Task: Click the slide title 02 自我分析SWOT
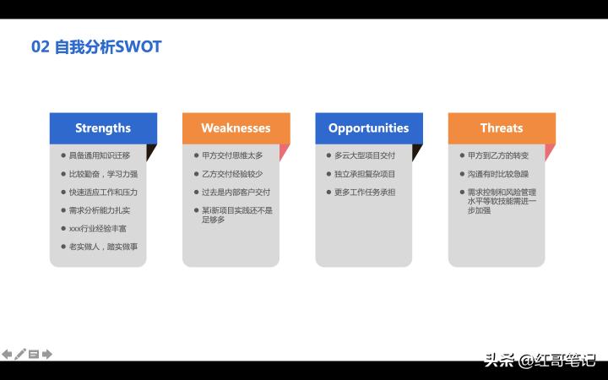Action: (96, 47)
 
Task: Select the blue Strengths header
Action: (103, 128)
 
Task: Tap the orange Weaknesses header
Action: (236, 128)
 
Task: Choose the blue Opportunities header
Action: (368, 128)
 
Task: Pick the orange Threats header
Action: (502, 128)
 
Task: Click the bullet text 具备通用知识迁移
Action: (100, 155)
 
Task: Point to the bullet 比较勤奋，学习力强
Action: (103, 174)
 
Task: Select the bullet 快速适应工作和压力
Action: (103, 192)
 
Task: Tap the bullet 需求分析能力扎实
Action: (100, 210)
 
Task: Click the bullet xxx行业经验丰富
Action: (98, 228)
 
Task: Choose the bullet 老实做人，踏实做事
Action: (103, 247)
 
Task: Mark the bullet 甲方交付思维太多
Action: (232, 155)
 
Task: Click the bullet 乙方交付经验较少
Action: (232, 174)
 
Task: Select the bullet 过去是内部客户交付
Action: (236, 192)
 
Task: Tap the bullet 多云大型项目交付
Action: (365, 155)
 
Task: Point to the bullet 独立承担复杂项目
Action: (365, 174)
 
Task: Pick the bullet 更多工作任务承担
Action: (365, 192)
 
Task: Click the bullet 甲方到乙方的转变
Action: (498, 155)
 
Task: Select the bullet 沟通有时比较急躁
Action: (498, 174)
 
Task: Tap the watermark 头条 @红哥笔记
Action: (540, 361)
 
